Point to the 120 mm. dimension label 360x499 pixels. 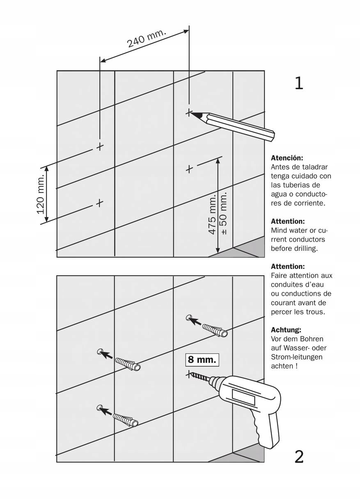tap(41, 195)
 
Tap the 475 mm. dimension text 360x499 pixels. tap(212, 215)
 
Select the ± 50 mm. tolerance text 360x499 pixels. tap(225, 213)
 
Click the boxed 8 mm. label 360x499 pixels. tap(202, 360)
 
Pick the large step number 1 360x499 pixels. tap(299, 83)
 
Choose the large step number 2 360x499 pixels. tap(299, 456)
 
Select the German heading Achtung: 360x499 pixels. tap(286, 330)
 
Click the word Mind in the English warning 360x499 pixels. tap(279, 230)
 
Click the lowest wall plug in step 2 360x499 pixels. tap(126, 420)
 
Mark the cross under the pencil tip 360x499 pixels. tap(189, 112)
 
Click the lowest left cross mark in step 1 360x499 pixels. tap(99, 203)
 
